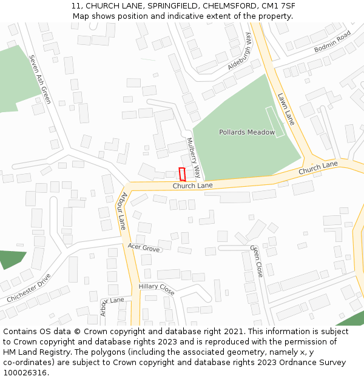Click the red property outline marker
coord(182,174)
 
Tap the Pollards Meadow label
coord(247,132)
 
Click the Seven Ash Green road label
coord(39,79)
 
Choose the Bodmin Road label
coord(332,42)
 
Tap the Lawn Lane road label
coord(286,109)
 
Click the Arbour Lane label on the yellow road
coord(122,210)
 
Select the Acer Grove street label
coord(144,248)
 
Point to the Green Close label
coord(257,261)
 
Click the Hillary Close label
coord(157,289)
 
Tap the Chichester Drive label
coord(29,288)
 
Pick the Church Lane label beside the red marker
coord(192,186)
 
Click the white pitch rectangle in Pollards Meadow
coord(275,122)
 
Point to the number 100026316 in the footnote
coord(25,373)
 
